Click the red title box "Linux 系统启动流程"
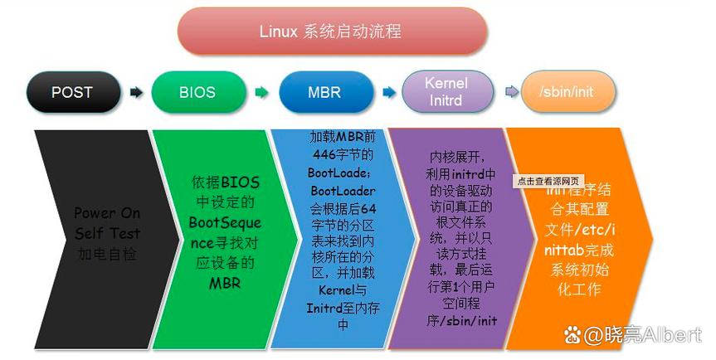[331, 32]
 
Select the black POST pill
[71, 92]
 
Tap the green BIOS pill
[197, 92]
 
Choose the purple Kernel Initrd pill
[446, 91]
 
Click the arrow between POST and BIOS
[135, 92]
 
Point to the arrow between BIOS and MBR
[261, 92]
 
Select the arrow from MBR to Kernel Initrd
[387, 92]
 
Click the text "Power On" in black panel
[107, 213]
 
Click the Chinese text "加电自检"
[107, 254]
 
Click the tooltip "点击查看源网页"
[548, 180]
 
